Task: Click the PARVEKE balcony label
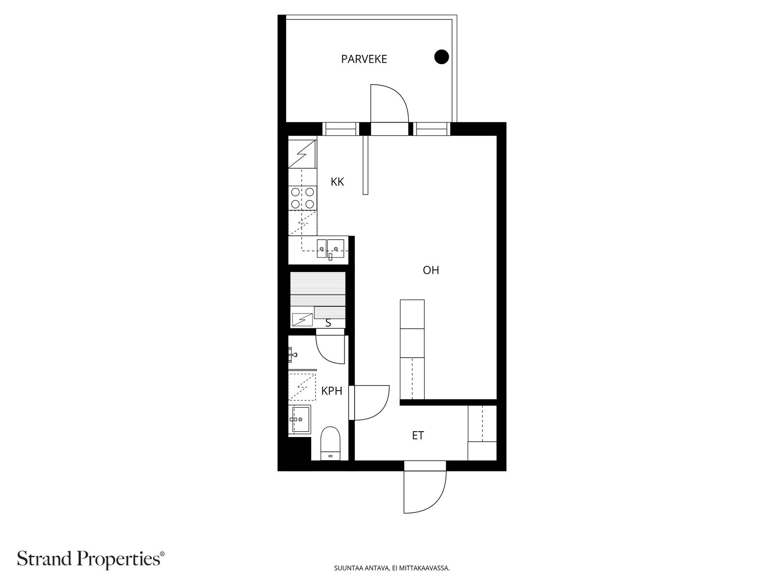[x=364, y=59]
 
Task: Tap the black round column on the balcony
[x=441, y=57]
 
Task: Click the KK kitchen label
[x=337, y=182]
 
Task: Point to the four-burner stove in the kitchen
[x=302, y=198]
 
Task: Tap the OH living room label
[x=431, y=270]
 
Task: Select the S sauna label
[x=328, y=323]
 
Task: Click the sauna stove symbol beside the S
[x=302, y=319]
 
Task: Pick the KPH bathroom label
[x=331, y=391]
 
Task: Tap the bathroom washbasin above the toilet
[x=299, y=419]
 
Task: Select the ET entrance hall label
[x=417, y=435]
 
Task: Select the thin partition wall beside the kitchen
[x=365, y=165]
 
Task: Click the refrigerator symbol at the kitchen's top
[x=302, y=153]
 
